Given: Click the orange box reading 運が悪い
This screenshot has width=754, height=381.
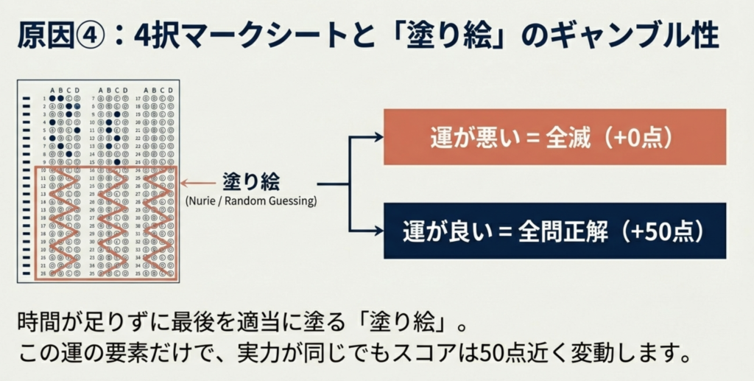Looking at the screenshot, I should pyautogui.click(x=554, y=137).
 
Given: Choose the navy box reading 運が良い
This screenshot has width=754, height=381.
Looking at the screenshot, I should pyautogui.click(x=554, y=231).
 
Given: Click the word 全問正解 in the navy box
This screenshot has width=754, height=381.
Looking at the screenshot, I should pyautogui.click(x=564, y=231).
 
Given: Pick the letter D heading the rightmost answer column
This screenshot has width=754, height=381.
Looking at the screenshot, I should pyautogui.click(x=170, y=90).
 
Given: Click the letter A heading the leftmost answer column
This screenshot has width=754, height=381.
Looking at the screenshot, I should pyautogui.click(x=52, y=90).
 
